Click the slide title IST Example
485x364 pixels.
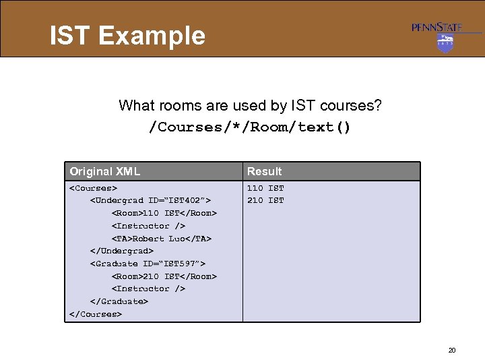tap(127, 35)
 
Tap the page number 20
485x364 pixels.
tap(451, 350)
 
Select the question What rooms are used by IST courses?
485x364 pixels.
tap(249, 105)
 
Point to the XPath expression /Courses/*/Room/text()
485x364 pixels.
tap(249, 127)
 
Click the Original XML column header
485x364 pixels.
tap(105, 171)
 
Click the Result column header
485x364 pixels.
tap(264, 171)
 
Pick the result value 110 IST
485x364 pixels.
tap(265, 188)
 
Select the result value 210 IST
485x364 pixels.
tap(265, 200)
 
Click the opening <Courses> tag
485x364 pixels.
tap(93, 188)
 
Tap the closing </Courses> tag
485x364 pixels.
tap(96, 314)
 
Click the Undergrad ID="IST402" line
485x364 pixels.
tap(151, 200)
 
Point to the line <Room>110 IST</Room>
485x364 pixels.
tap(164, 213)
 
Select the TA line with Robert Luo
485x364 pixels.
tap(161, 239)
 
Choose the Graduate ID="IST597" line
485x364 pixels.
tap(148, 264)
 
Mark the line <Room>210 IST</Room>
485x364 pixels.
tap(164, 276)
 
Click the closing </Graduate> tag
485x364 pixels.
tap(119, 301)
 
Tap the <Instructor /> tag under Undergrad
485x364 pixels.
tap(148, 226)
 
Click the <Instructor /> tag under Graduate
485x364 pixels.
tap(148, 289)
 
